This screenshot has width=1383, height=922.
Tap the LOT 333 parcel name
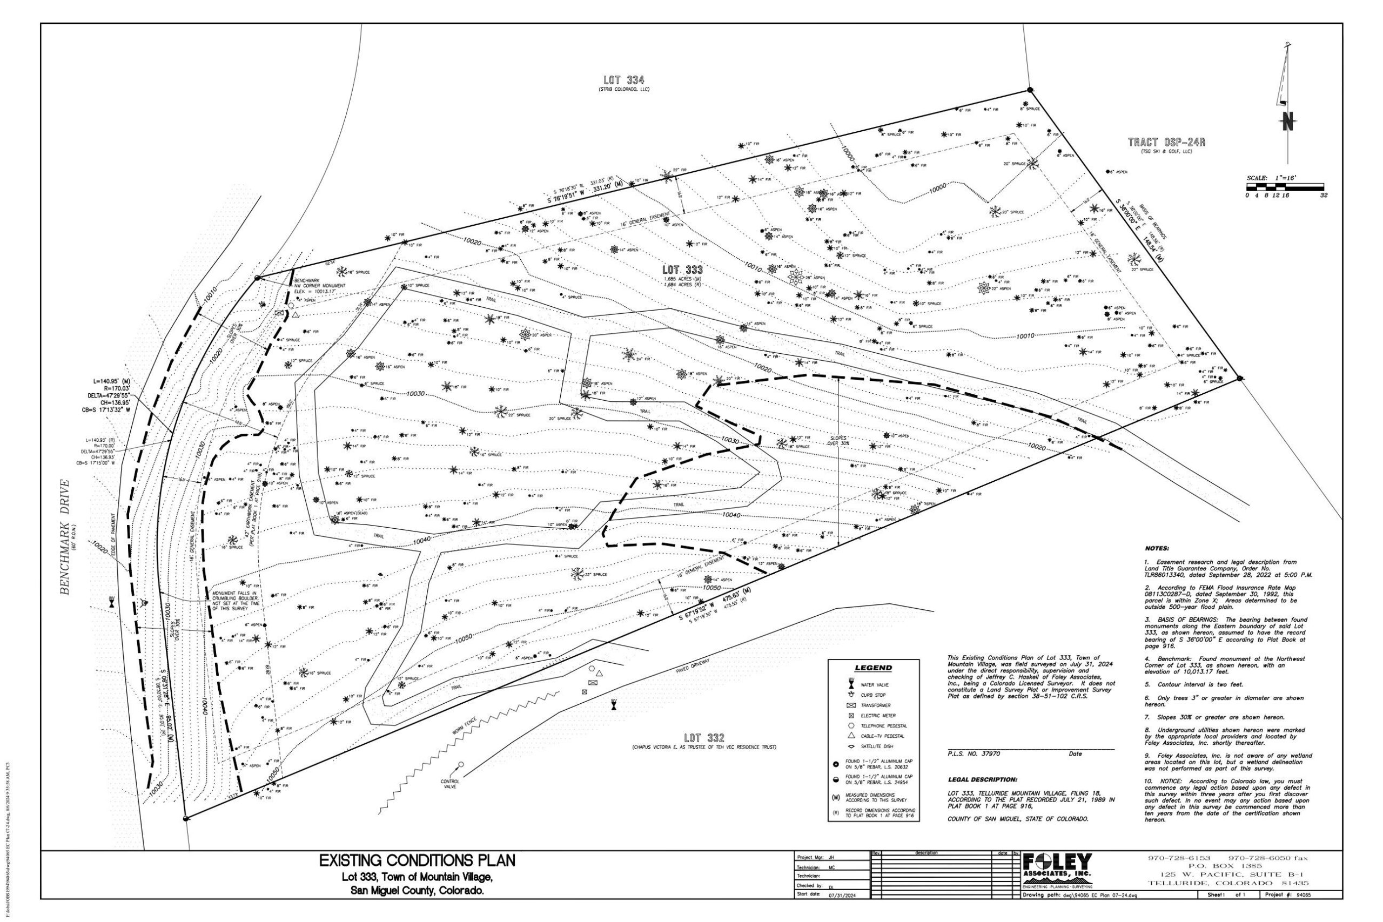682,270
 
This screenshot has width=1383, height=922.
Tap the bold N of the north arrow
1288,122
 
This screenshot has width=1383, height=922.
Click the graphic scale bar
1285,186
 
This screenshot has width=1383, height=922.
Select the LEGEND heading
872,668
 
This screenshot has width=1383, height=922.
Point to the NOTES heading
1157,548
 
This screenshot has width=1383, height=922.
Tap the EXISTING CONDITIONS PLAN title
417,861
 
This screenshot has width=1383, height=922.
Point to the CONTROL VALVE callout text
450,784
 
